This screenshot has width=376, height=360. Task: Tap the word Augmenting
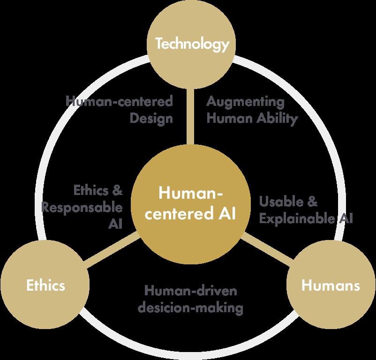(x=245, y=101)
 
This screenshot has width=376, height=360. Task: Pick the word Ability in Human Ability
(x=277, y=119)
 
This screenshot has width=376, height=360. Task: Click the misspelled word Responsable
(x=82, y=207)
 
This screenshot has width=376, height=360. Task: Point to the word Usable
(x=281, y=202)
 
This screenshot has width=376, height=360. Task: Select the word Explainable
(x=296, y=218)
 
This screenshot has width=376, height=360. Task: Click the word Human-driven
(x=191, y=291)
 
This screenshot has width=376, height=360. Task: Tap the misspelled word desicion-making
(x=194, y=308)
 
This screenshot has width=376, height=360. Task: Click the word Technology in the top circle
(x=192, y=45)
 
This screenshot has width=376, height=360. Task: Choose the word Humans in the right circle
(x=331, y=285)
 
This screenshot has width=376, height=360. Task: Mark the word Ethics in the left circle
(x=45, y=285)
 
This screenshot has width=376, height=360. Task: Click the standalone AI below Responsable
(x=115, y=224)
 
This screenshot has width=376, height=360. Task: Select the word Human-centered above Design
(x=119, y=101)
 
